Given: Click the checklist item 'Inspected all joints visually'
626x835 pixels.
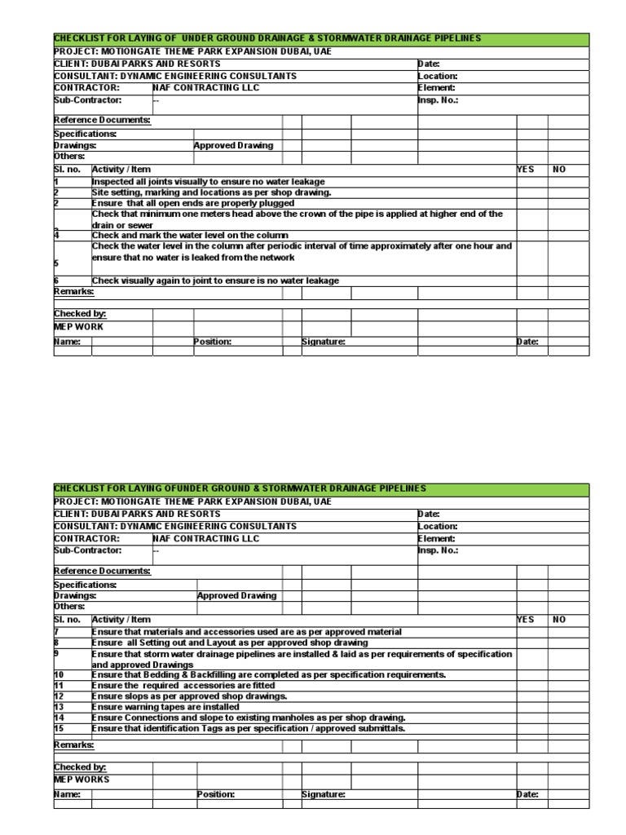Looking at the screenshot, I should tap(208, 181).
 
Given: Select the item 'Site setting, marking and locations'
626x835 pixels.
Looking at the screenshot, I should tap(211, 192).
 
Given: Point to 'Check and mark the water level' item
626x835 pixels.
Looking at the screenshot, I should tap(190, 235).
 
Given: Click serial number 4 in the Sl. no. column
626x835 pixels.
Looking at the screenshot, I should tap(56, 235).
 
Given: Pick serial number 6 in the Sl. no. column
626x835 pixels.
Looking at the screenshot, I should tap(56, 281).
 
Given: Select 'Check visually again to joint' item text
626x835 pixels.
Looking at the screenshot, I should tap(215, 281).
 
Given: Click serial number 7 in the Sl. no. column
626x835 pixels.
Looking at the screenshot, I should tap(57, 631).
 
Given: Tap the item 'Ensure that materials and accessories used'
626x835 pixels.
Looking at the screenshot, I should tap(247, 631).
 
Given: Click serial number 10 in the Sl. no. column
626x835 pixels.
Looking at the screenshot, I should tap(59, 675).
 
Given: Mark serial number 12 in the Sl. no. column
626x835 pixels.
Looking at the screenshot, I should tap(59, 696).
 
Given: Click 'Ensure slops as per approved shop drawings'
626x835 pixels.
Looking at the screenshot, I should tap(189, 696).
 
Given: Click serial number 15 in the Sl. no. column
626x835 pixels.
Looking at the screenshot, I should tap(59, 728).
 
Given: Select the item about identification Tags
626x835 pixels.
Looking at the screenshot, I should tap(248, 728).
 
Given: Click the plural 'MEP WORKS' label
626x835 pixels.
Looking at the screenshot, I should tap(82, 779).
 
